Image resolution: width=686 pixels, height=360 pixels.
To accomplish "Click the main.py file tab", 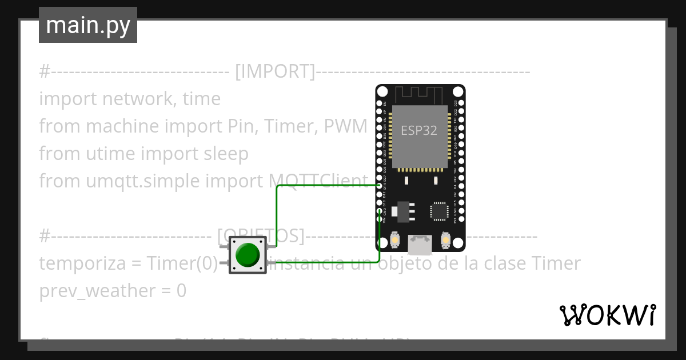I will [x=87, y=25].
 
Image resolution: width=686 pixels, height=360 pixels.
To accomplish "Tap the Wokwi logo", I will [x=607, y=315].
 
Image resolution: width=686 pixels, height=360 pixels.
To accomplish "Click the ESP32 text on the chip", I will [x=419, y=130].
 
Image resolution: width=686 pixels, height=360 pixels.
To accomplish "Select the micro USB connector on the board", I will [x=420, y=245].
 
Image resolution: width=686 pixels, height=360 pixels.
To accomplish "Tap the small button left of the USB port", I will [x=396, y=242].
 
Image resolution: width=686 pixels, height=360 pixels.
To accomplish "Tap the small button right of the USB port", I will [x=445, y=242].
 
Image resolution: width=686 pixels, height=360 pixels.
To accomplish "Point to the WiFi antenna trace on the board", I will [x=420, y=93].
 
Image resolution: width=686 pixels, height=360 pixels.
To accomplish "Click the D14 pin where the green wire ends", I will [x=380, y=186].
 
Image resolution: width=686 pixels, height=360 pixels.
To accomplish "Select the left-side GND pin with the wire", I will [x=380, y=211].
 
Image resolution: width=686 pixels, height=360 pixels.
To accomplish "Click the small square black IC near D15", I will [x=438, y=211].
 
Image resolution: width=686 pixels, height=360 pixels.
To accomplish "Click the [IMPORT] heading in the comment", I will [x=274, y=71].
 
